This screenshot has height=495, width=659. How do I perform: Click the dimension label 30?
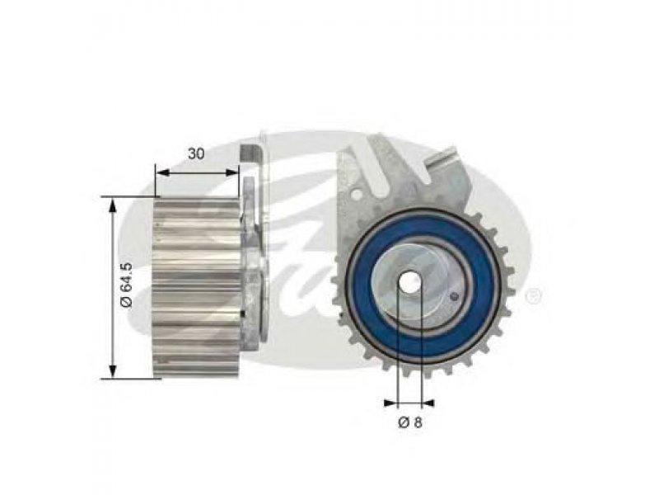pyautogui.click(x=196, y=153)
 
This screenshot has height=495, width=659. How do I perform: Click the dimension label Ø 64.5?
pyautogui.click(x=126, y=285)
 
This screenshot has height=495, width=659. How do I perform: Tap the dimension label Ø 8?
pyautogui.click(x=409, y=422)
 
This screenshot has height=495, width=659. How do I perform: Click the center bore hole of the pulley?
pyautogui.click(x=409, y=283)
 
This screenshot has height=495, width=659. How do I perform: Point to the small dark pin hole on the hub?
pyautogui.click(x=454, y=297)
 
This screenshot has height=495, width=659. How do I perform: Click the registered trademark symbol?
pyautogui.click(x=534, y=296)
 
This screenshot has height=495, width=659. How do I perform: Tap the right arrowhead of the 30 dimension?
pyautogui.click(x=232, y=172)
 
